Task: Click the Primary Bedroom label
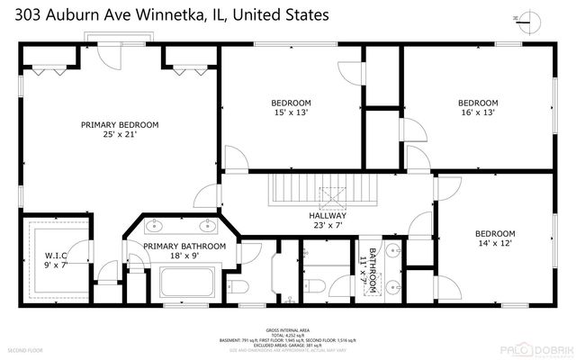[119, 125]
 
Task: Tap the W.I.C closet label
[56, 255]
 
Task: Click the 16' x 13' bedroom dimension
[477, 114]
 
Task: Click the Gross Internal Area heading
[287, 330]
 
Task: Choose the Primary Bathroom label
[184, 246]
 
